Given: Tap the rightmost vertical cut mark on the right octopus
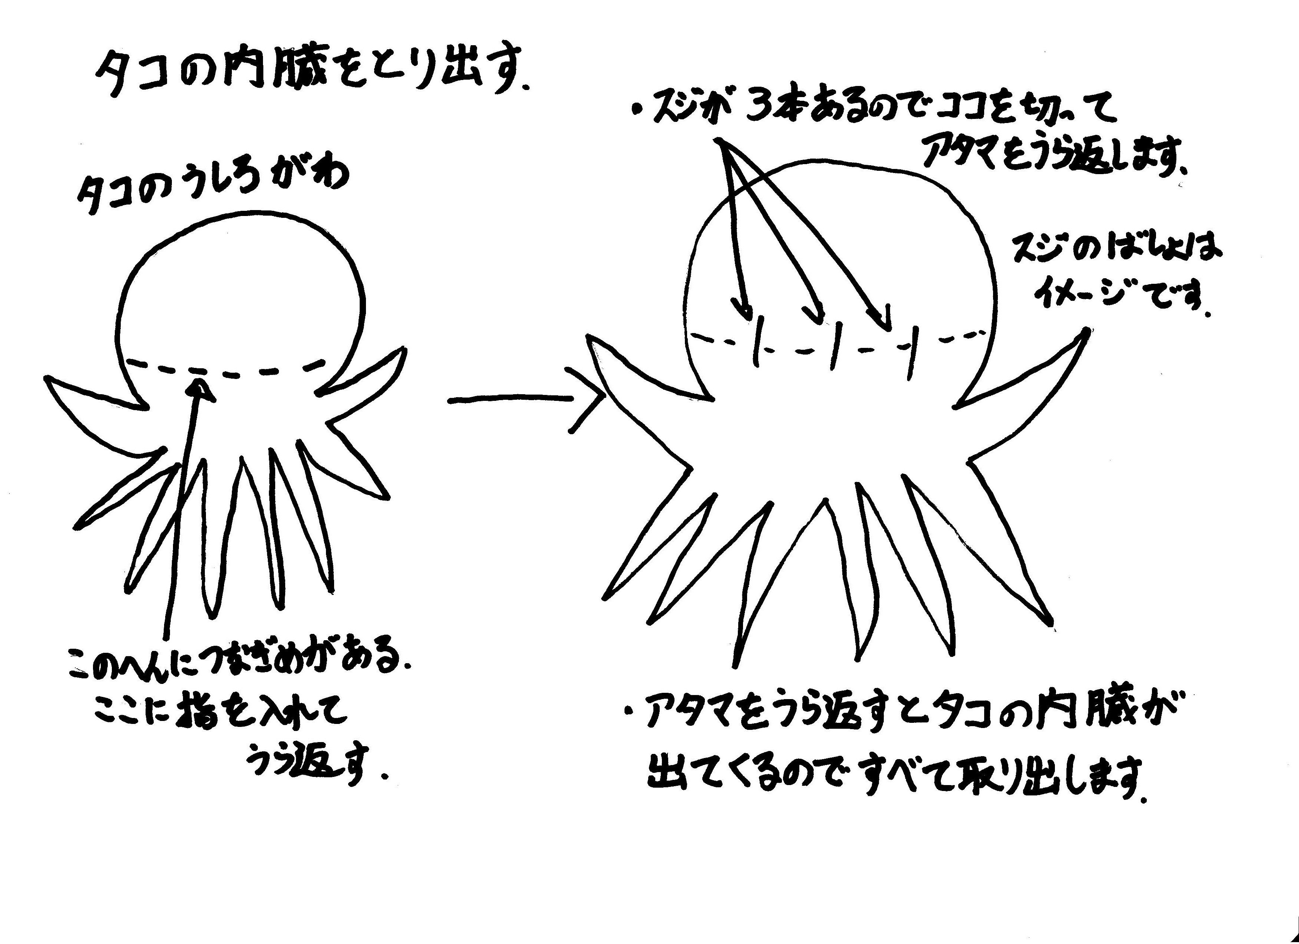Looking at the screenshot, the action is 912,352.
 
